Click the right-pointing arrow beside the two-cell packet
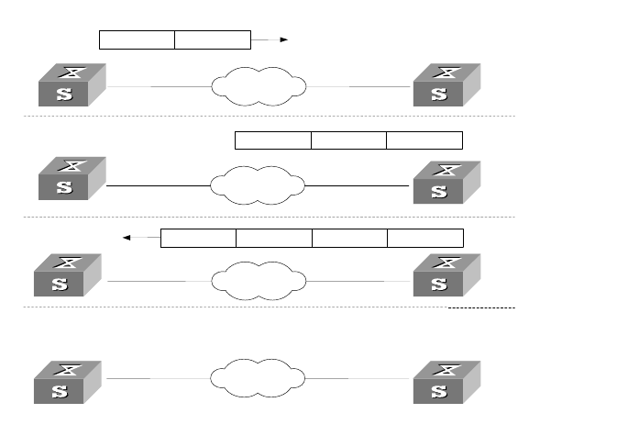pos(271,39)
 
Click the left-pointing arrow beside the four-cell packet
pos(140,238)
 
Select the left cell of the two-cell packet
pos(137,39)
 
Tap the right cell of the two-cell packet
pos(212,39)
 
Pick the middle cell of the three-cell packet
pos(348,140)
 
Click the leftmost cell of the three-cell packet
pos(273,140)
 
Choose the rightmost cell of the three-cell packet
pos(424,140)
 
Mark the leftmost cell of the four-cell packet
pos(198,238)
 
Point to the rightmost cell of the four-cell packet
pos(424,238)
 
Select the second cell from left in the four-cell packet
pos(273,238)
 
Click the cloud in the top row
pos(259,86)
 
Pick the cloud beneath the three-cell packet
pos(258,185)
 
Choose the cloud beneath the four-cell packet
pos(258,281)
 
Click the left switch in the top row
pos(71,85)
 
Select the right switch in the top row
pos(446,85)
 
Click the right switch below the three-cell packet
pos(446,181)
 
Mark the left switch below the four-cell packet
pos(67,276)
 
